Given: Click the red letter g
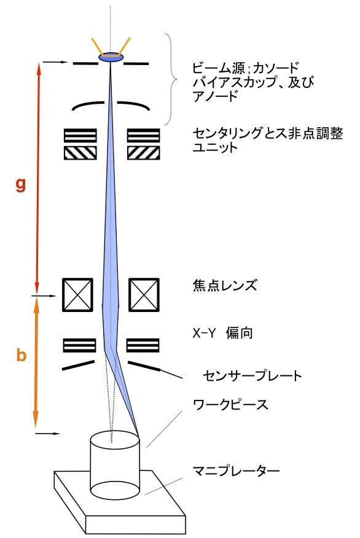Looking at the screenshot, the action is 21,185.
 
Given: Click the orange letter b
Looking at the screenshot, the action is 22,355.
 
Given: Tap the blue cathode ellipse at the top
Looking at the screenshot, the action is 111,57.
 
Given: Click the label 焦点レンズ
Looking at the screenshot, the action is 225,286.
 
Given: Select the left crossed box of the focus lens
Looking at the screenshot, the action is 77,295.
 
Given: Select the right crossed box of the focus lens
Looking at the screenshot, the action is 144,295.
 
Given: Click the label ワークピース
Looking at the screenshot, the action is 230,405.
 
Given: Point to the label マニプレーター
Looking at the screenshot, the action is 236,470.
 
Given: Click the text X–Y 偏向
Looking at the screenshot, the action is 223,333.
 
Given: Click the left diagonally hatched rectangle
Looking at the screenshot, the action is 80,153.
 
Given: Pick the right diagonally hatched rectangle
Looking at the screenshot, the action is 144,153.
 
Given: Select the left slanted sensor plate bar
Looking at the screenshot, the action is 78,365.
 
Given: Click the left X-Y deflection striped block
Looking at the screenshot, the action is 80,345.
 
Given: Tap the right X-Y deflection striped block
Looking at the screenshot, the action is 143,345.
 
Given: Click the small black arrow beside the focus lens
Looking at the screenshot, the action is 46,295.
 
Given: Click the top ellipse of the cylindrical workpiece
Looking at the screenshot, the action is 115,440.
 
